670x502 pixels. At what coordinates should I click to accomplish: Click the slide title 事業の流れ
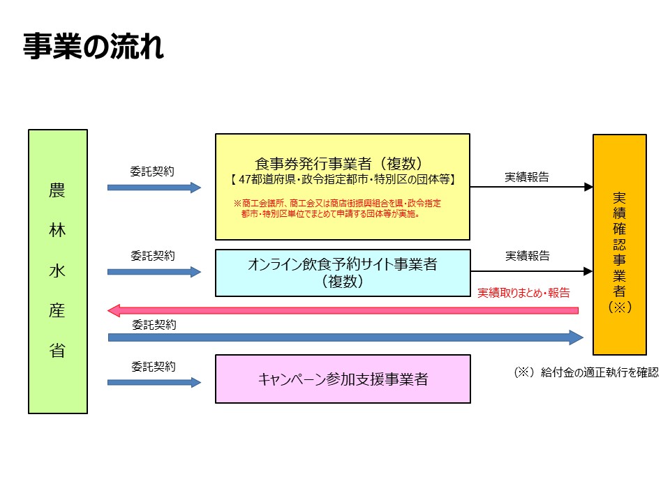(x=94, y=47)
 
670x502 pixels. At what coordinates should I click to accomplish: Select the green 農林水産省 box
(x=58, y=271)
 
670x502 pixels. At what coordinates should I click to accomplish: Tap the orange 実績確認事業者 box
(x=619, y=244)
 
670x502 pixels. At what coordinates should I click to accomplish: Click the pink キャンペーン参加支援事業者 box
(x=343, y=379)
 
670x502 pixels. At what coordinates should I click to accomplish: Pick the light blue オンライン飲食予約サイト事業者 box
(x=343, y=272)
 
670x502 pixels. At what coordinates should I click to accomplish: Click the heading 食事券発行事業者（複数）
(x=342, y=164)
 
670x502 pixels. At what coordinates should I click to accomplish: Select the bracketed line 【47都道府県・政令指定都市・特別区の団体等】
(x=342, y=180)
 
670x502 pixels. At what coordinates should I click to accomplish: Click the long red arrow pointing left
(x=343, y=310)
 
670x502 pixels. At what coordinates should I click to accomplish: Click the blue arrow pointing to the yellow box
(x=154, y=188)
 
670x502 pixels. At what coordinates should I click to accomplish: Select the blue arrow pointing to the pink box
(x=154, y=382)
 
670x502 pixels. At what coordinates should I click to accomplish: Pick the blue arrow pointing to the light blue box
(x=154, y=272)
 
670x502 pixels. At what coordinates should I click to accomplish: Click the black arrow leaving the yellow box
(x=531, y=187)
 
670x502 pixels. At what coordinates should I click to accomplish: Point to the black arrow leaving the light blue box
(x=531, y=271)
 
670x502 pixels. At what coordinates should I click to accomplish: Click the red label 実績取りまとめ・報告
(x=523, y=293)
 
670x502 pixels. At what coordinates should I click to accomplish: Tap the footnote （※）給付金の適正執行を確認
(x=586, y=372)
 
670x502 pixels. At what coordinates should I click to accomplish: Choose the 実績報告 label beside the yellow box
(x=527, y=177)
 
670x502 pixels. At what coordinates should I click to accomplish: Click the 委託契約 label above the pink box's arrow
(x=153, y=365)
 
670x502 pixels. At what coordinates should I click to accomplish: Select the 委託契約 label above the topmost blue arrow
(x=153, y=171)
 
